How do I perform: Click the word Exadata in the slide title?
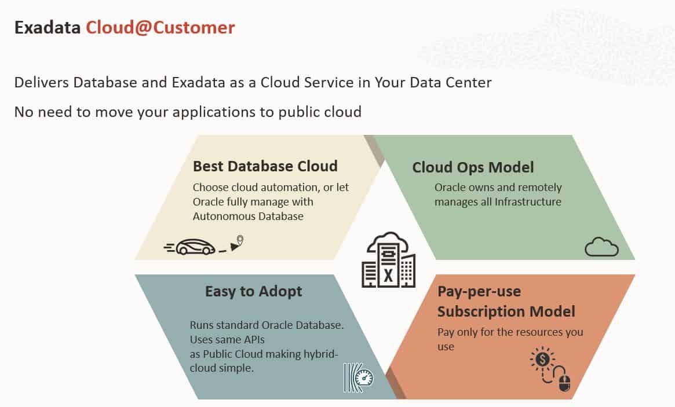pos(48,28)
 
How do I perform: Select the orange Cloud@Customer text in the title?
pos(160,28)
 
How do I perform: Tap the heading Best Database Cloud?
pos(265,166)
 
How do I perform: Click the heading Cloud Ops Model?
pos(473,167)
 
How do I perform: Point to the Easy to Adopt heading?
pos(254,291)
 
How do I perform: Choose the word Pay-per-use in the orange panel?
pos(479,292)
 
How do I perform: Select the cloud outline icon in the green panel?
pos(601,247)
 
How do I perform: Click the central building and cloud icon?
pos(388,260)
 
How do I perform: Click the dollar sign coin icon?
pos(542,358)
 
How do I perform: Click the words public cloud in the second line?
pos(320,112)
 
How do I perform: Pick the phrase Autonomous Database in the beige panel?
pos(248,216)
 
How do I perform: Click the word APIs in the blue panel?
pos(254,339)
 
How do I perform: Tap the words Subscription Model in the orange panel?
pos(506,311)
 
